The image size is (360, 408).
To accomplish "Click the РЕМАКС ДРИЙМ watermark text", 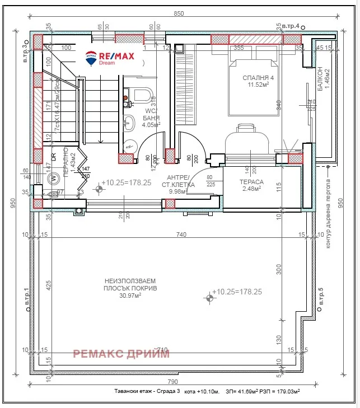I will [x=121, y=353].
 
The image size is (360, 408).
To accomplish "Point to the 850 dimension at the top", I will [x=178, y=13].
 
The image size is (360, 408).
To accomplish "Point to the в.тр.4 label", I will [x=290, y=26].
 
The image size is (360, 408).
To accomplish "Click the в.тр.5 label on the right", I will [x=320, y=297].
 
